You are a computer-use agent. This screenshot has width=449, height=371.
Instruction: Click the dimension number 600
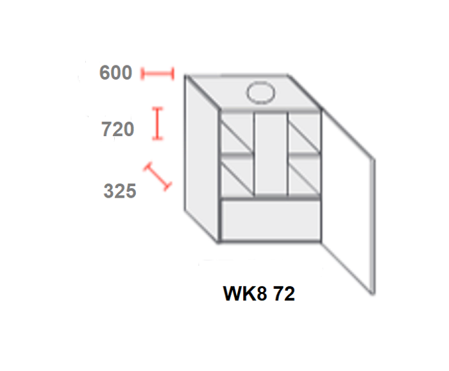pos(115,73)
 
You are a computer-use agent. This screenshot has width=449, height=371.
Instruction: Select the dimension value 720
pos(117,129)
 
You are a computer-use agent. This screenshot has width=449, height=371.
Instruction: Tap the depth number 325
pos(120,191)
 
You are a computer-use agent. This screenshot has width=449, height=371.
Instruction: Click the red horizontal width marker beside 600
pos(158,74)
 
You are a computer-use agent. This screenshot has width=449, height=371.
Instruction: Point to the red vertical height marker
pos(158,123)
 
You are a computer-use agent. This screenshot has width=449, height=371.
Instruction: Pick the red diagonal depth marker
pos(158,177)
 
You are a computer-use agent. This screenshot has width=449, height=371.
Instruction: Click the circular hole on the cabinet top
pos(260,92)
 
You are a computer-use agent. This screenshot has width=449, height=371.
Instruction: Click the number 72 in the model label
pos(284,293)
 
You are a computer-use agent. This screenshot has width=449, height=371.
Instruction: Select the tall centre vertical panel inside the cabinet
pos(271,153)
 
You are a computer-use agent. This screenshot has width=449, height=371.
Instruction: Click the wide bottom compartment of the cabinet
pos(271,220)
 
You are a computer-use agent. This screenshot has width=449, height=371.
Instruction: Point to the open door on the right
pos(348,200)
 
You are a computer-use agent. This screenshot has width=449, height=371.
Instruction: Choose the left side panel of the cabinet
pos(201,159)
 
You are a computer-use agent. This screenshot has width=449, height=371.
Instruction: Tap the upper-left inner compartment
pos(237,132)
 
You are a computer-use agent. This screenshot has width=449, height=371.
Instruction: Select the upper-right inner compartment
pos(304,132)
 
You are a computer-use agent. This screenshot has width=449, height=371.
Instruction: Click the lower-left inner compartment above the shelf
pos(237,176)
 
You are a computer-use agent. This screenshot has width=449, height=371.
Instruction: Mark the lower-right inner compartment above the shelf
pos(304,176)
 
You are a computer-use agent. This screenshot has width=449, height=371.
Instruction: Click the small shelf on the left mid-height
pos(237,155)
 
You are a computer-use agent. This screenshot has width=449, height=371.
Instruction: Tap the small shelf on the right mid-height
pos(304,155)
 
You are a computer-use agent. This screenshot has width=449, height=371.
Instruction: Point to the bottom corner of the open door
pos(373,294)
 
